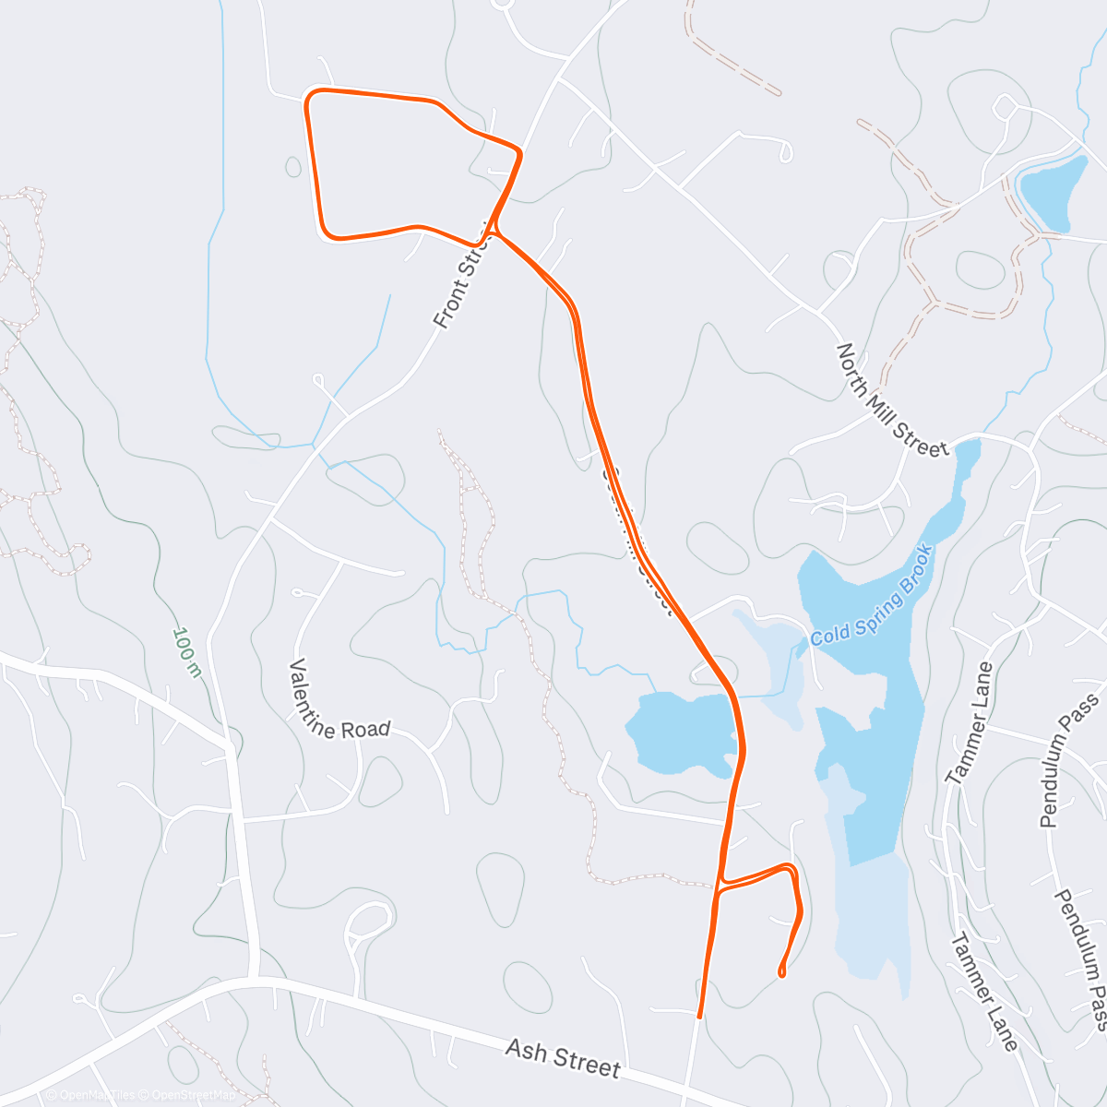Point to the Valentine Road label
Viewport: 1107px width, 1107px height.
[339, 701]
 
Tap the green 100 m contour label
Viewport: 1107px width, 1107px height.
[186, 652]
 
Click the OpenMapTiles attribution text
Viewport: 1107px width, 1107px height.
[89, 1095]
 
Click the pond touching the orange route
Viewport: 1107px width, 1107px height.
[683, 732]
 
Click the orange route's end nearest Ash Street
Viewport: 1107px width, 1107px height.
[700, 1016]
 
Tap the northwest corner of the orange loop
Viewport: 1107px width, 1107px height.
[310, 94]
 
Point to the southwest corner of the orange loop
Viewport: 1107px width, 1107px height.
[327, 234]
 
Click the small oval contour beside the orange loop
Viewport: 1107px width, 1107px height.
[293, 167]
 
